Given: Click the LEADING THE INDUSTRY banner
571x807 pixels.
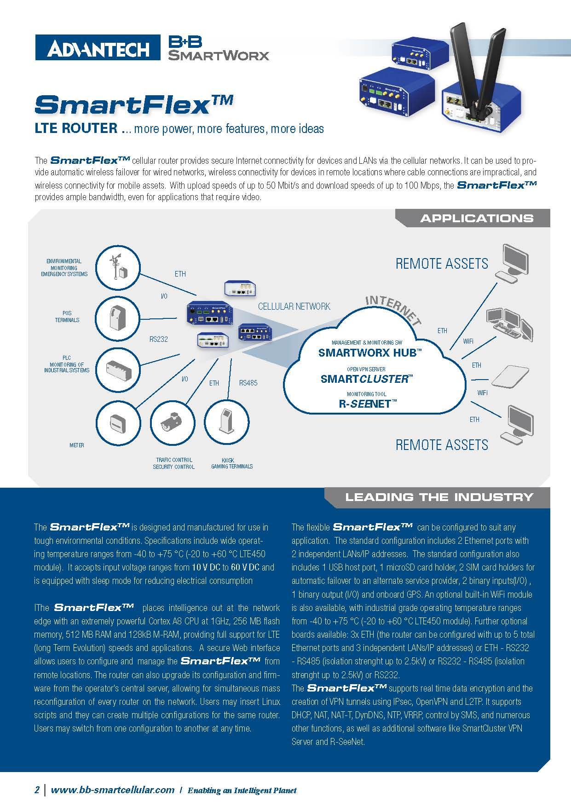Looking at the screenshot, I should (438, 497).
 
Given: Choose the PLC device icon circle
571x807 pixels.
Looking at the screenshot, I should (118, 369).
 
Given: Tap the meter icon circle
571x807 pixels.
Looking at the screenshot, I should (118, 423).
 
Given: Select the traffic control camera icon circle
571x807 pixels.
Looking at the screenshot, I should (172, 423).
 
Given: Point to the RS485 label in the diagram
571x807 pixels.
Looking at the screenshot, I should (248, 382).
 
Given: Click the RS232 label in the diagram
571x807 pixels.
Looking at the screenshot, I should (158, 340).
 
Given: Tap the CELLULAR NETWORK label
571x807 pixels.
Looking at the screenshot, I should (294, 306).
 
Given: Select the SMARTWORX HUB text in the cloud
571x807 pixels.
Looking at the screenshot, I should (369, 353).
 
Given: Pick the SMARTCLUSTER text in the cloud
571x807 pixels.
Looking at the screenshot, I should (366, 379).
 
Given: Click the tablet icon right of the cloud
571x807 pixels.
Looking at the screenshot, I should (511, 376).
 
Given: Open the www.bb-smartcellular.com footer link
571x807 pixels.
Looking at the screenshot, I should (113, 790).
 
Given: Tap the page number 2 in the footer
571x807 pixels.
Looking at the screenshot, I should (37, 790).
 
